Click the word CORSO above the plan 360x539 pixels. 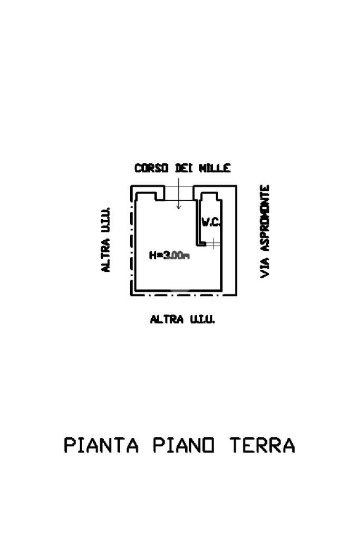(151, 169)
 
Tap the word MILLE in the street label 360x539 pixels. (215, 169)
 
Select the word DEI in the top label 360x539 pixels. (183, 169)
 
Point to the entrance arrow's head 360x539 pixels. (179, 207)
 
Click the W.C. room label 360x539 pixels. (210, 222)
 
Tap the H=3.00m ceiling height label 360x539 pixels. (169, 256)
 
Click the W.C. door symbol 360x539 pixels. (212, 243)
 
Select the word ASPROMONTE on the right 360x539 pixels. (265, 217)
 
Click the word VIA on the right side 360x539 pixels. (265, 267)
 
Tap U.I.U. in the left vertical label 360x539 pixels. (106, 219)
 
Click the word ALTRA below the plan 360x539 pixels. (167, 319)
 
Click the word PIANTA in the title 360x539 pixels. (101, 445)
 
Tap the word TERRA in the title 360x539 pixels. (262, 445)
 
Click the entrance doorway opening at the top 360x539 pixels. (179, 192)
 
